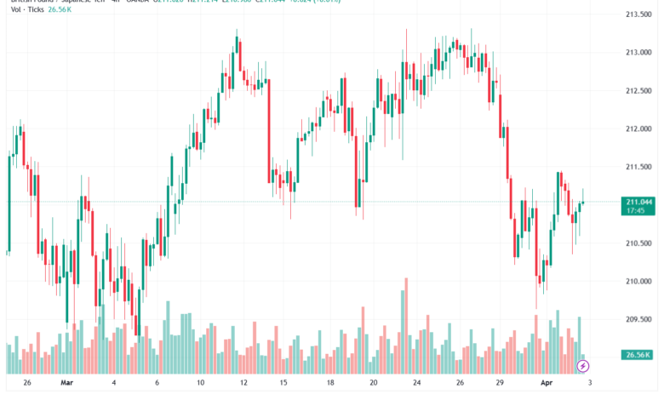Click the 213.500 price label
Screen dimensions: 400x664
pos(638,14)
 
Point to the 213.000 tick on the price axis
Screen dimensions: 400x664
pos(638,53)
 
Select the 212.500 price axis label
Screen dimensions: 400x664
pos(638,91)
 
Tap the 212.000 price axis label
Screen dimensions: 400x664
pos(638,129)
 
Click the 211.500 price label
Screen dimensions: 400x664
pos(638,168)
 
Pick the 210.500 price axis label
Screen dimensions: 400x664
pos(638,243)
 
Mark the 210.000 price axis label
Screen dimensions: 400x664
pos(638,282)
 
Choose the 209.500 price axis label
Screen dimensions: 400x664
pos(638,320)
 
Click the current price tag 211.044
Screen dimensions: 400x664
pos(638,202)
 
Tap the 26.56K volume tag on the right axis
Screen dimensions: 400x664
pos(638,355)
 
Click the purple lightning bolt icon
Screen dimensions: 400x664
pos(583,366)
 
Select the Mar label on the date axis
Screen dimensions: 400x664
pos(66,384)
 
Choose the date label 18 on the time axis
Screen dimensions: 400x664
pos(330,384)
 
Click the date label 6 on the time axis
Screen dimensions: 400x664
pos(156,384)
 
